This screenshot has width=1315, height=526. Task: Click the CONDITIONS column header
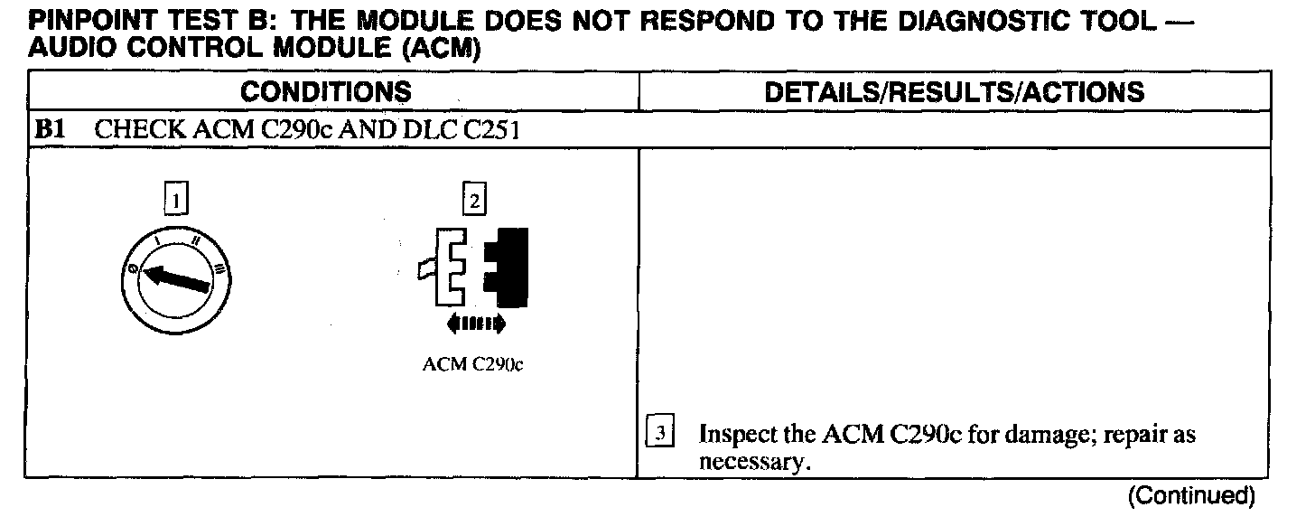326,91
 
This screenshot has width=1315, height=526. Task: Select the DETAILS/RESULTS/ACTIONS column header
954,91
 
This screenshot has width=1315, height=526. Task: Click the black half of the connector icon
507,267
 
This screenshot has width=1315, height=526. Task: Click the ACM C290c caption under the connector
472,366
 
